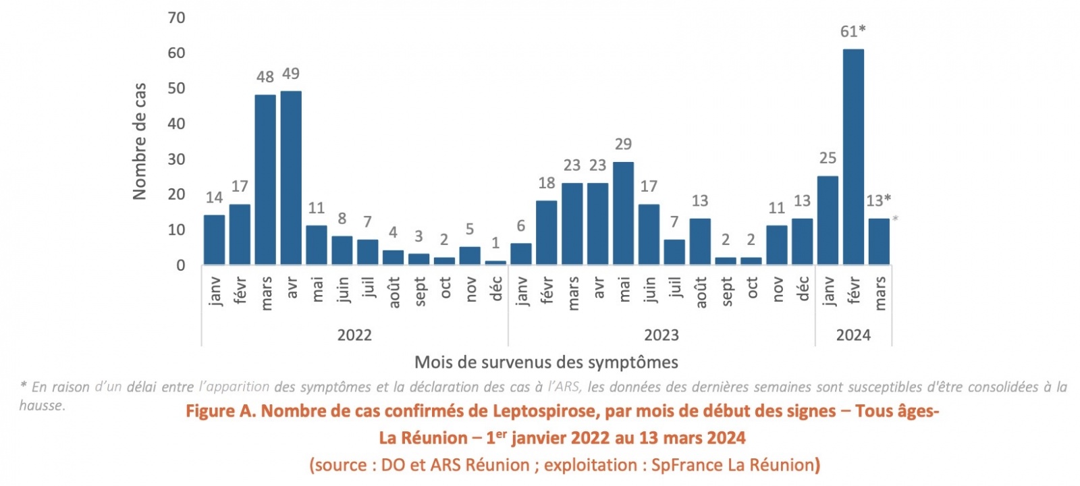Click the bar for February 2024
(853, 157)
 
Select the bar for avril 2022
(291, 178)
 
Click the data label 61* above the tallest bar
(853, 31)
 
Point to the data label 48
(265, 77)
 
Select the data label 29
(623, 144)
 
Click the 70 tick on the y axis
(176, 18)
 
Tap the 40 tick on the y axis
(176, 124)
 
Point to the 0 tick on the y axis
(180, 265)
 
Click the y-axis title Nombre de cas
(140, 141)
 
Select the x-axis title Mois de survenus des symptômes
(546, 362)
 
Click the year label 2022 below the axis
(354, 335)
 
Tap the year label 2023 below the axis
(661, 335)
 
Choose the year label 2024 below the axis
(853, 335)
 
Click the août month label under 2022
(394, 292)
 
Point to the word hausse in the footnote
(41, 405)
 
